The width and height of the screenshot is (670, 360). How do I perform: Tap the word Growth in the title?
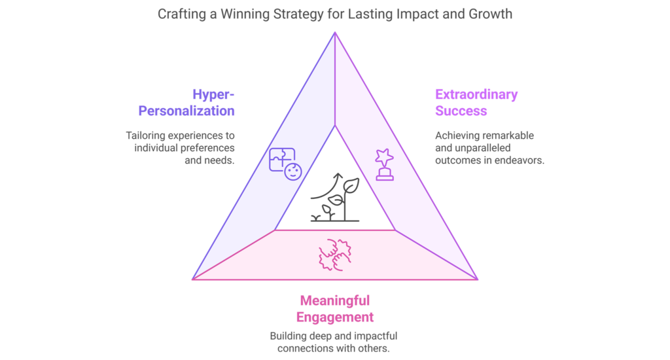pyautogui.click(x=490, y=14)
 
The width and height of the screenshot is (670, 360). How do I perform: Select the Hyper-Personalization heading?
pyautogui.click(x=186, y=103)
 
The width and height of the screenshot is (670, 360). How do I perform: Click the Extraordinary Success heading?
pyautogui.click(x=476, y=103)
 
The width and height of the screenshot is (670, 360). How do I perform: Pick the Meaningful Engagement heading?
pyautogui.click(x=335, y=309)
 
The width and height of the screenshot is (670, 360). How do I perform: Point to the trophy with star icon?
pyautogui.click(x=384, y=164)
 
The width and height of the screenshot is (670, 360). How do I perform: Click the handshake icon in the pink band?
pyautogui.click(x=335, y=255)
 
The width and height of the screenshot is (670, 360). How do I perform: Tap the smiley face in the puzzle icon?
pyautogui.click(x=293, y=171)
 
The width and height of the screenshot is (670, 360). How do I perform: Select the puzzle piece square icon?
pyautogui.click(x=282, y=160)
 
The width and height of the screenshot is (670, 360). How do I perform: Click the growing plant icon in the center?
pyautogui.click(x=335, y=198)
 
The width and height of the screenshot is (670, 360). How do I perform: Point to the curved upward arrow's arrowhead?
pyautogui.click(x=338, y=175)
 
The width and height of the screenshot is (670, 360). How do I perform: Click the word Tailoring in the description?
pyautogui.click(x=145, y=135)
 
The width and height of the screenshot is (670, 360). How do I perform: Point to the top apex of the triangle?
pyautogui.click(x=335, y=33)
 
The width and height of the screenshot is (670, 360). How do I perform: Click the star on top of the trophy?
pyautogui.click(x=384, y=157)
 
